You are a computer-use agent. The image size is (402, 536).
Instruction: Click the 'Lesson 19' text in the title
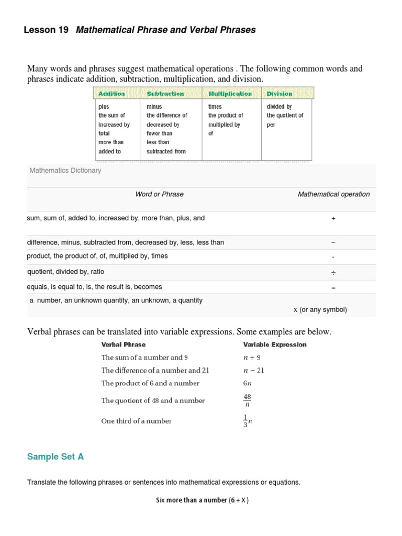click(46, 30)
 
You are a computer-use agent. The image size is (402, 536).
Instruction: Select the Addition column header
click(111, 94)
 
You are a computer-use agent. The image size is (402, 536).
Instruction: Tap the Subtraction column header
click(165, 94)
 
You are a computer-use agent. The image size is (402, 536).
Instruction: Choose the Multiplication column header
click(230, 94)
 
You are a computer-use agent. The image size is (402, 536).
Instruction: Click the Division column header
click(280, 94)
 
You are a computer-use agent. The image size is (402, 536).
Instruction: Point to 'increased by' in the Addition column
click(114, 125)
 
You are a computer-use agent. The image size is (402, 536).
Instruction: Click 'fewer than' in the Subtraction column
click(160, 133)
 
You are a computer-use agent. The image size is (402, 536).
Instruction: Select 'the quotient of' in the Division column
click(285, 116)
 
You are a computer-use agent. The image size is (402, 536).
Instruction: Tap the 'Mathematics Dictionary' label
click(65, 171)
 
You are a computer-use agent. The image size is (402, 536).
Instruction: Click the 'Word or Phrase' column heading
click(159, 194)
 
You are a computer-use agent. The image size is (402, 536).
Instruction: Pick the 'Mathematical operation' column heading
click(333, 194)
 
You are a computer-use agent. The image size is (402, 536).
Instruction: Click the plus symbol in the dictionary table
click(333, 219)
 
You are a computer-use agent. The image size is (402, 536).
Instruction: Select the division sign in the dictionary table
click(333, 273)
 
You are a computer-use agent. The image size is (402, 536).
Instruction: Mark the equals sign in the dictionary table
click(333, 287)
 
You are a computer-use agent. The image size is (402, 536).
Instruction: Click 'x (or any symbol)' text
click(320, 309)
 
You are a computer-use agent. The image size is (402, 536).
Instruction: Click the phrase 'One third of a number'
click(136, 421)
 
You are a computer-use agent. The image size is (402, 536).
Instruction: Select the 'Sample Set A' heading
click(55, 457)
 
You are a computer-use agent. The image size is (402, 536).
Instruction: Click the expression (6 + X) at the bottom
click(239, 500)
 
